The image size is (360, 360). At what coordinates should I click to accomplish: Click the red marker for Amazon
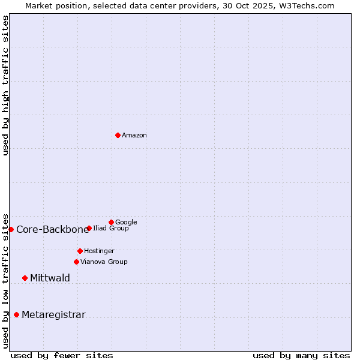coord(118,135)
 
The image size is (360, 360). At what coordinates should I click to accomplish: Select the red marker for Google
coord(111,222)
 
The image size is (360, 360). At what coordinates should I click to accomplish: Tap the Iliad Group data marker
coord(89,228)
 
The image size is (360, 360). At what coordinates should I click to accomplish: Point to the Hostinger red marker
coord(80,251)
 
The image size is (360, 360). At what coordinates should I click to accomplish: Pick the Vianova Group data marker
coord(76,262)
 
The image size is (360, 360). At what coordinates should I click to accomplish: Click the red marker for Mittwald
coord(25,278)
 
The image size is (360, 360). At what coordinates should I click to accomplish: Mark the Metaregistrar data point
coord(16,314)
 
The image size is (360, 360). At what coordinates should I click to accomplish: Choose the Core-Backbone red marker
coord(11,229)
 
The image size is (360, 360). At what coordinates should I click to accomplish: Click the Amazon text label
coord(134,136)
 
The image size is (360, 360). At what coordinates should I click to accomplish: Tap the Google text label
coord(126,222)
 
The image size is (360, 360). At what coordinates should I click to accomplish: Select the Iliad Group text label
coord(111,229)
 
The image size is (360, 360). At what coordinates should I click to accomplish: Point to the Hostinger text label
coord(99,251)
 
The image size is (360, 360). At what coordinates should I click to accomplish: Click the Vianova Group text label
coord(104,262)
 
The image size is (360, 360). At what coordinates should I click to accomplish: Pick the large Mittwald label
coord(50,278)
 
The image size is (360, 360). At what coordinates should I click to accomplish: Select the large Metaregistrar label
coord(53,314)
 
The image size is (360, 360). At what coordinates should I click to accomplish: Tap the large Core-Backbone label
coord(52,229)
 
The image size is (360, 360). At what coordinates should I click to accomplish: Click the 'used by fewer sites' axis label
coord(62,355)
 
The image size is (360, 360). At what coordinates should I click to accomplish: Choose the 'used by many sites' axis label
coord(301,355)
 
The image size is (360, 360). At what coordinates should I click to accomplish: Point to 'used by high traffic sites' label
coord(5,85)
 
